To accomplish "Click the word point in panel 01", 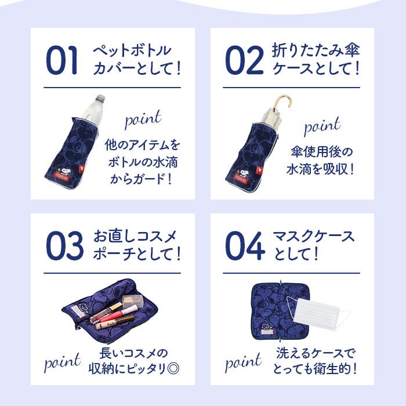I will tap(142, 120).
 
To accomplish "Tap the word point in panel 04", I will tap(243, 363).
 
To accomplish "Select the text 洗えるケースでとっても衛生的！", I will tap(316, 361).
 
